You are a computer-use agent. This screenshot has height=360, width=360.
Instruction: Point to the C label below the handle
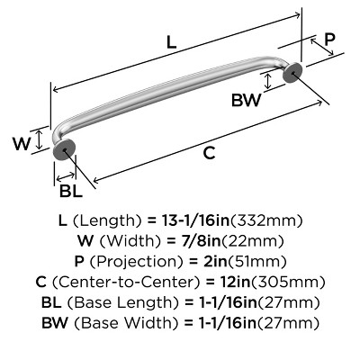pos(209,153)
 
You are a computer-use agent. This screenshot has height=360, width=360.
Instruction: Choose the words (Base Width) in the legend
pos(122,323)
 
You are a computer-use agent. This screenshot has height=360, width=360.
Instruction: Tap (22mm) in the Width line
pos(254,241)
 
